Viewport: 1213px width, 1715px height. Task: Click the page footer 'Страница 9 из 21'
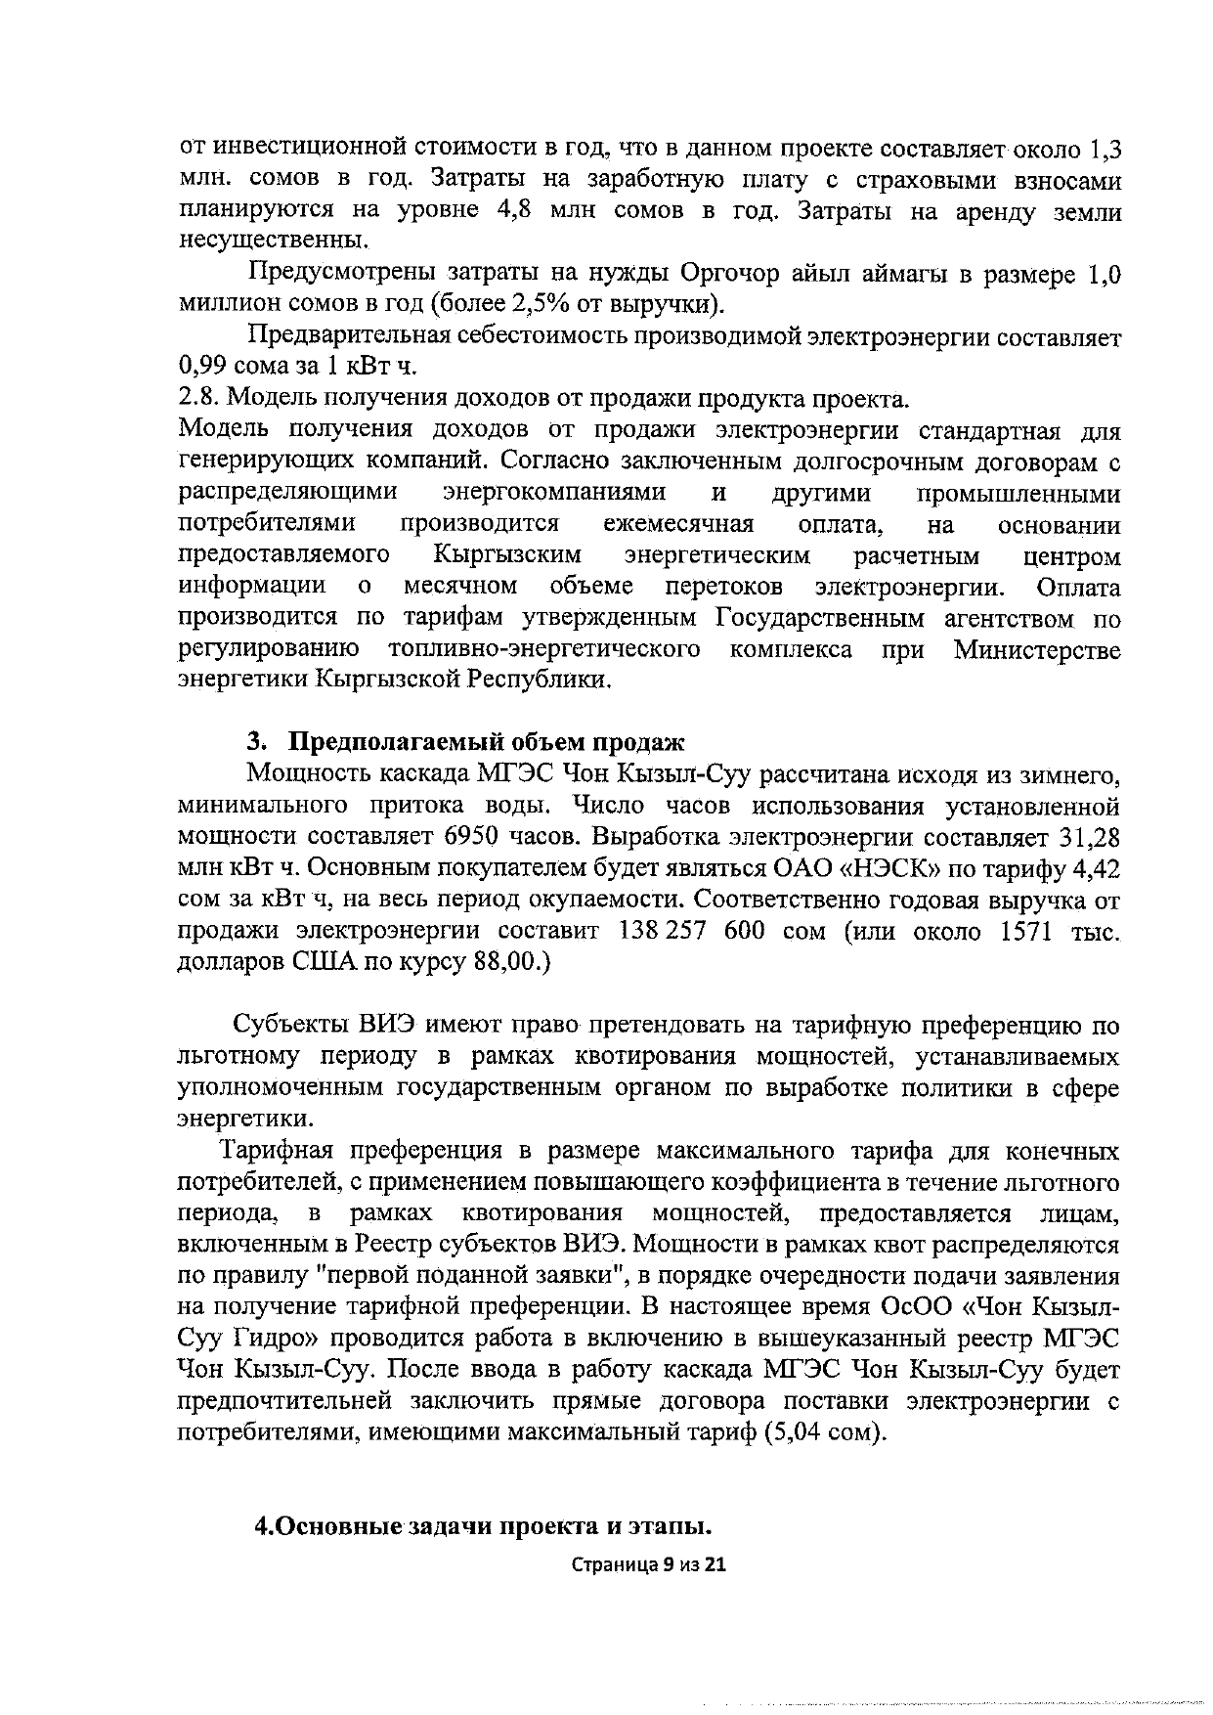pyautogui.click(x=649, y=1564)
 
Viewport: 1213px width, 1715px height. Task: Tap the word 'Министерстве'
pyautogui.click(x=1036, y=649)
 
